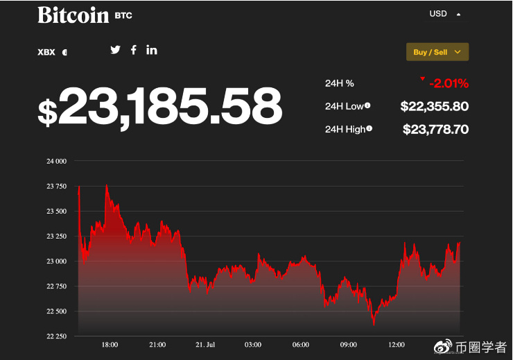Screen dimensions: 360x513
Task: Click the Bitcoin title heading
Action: pos(73,15)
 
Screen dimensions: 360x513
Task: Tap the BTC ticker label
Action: pos(123,15)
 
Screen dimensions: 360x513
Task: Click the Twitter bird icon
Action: pos(115,49)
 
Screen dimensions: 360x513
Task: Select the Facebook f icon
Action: pos(134,49)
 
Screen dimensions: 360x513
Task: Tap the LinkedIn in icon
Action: pos(152,49)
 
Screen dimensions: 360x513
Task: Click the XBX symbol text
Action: pos(46,52)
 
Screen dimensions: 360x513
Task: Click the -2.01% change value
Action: pos(449,84)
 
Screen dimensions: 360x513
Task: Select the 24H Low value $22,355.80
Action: pos(435,106)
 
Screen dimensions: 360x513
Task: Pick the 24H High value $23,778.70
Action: pos(435,129)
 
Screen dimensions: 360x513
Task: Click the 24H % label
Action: pos(340,83)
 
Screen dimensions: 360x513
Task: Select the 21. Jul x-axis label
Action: pos(205,345)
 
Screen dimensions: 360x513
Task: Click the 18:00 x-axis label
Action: pos(110,345)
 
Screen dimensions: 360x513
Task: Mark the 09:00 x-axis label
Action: pos(349,345)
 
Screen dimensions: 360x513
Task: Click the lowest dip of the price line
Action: pos(374,324)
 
